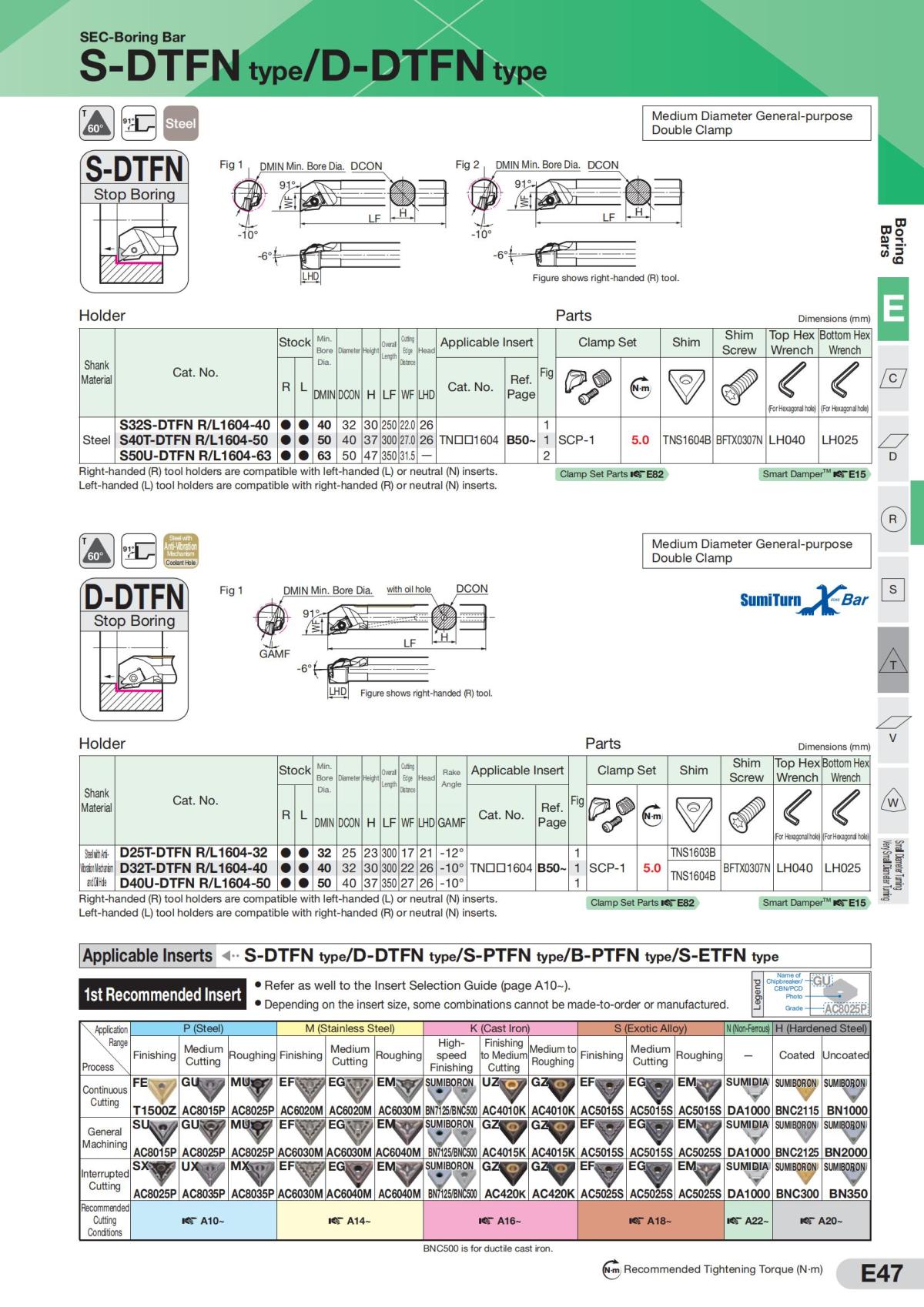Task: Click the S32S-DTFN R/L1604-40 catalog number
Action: [195, 425]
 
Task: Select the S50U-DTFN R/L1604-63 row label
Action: [195, 455]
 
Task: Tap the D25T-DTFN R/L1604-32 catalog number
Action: [193, 853]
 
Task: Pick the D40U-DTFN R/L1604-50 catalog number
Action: [195, 883]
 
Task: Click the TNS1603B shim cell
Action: [693, 853]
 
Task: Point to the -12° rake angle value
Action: [451, 853]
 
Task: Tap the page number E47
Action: [881, 1274]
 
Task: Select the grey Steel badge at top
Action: [180, 123]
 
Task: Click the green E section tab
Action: [892, 309]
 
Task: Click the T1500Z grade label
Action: [155, 1111]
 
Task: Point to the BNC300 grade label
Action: [797, 1194]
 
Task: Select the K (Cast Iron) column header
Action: [500, 1028]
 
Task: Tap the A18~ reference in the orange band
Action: [651, 1221]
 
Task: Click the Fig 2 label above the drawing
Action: [467, 165]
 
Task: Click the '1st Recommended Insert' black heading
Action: [162, 994]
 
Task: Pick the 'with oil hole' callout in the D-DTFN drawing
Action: [408, 590]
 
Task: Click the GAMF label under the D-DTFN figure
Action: [274, 653]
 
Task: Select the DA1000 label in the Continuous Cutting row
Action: [748, 1111]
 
